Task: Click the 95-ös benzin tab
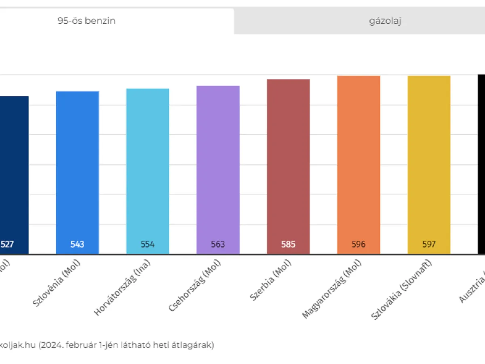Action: click(86, 21)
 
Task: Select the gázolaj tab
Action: click(385, 21)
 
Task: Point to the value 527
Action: click(7, 244)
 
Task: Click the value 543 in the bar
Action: click(77, 244)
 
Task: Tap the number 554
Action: click(148, 244)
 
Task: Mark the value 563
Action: click(218, 244)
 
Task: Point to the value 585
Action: click(288, 244)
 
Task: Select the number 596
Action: click(358, 244)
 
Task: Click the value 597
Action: click(429, 244)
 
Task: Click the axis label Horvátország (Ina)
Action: click(122, 287)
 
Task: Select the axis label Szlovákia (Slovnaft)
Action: click(402, 290)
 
